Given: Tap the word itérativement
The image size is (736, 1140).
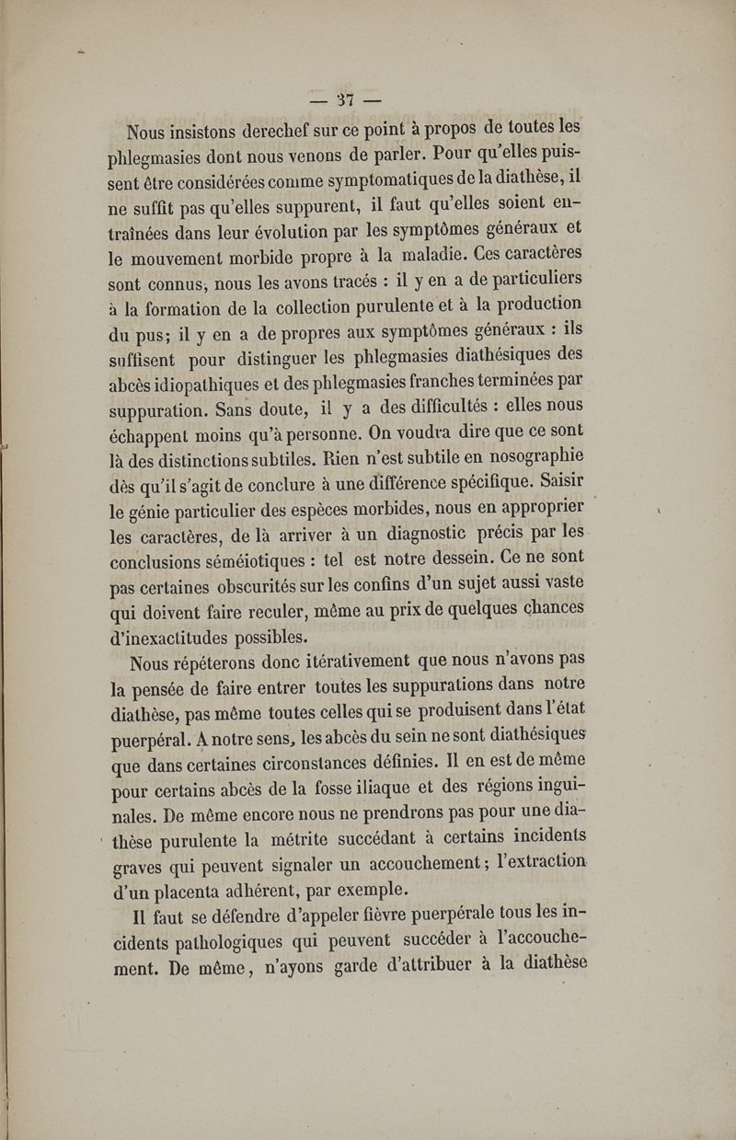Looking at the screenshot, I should [x=328, y=661].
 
